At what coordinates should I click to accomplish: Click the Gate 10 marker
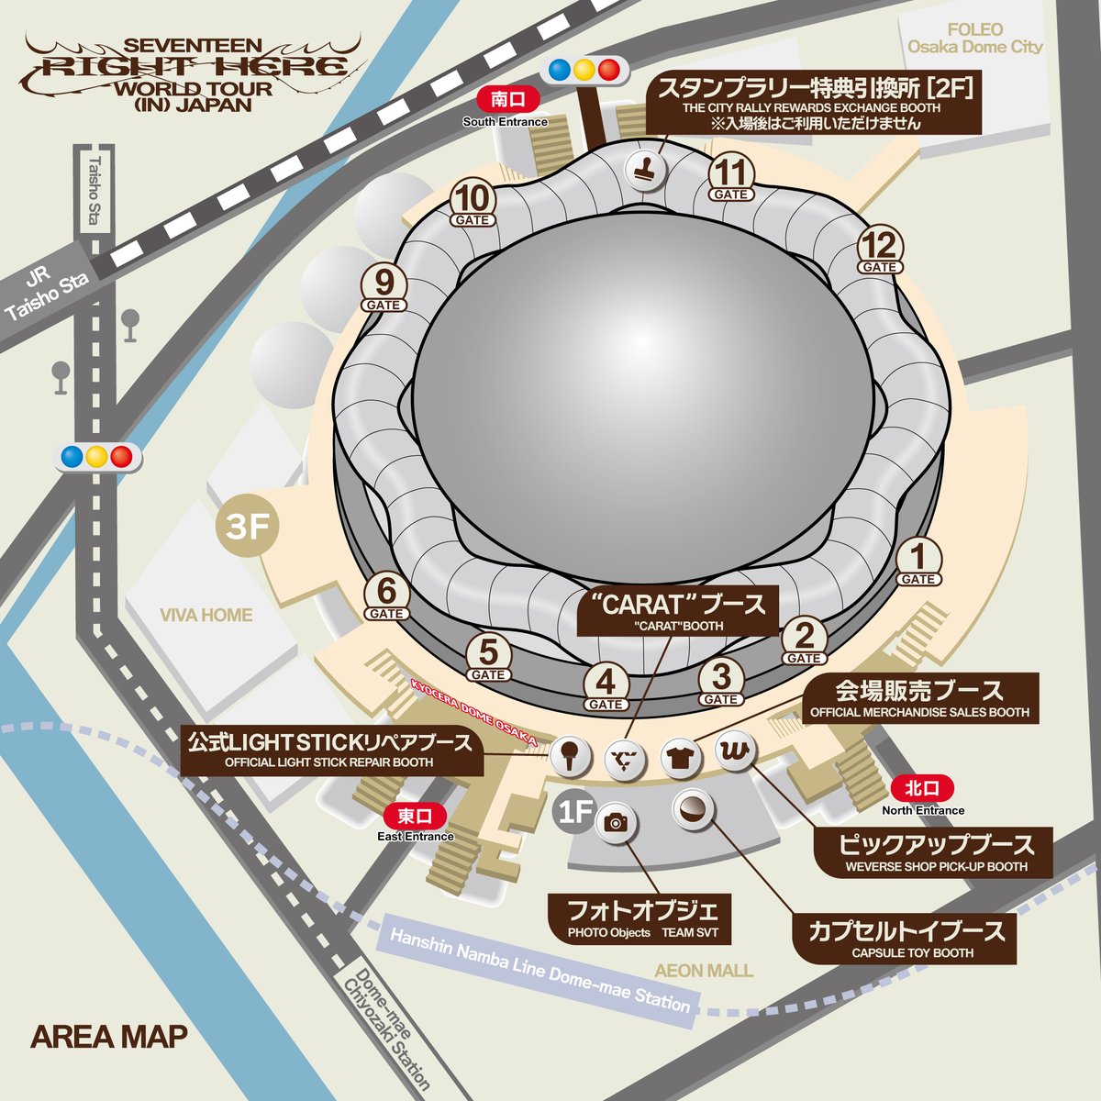pos(473,203)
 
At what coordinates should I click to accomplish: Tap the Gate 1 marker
pos(917,562)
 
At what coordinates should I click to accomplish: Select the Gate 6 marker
pos(386,596)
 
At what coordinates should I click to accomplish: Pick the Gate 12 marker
pos(878,250)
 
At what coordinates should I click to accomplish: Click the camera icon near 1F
pos(616,822)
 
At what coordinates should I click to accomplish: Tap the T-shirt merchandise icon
pos(680,756)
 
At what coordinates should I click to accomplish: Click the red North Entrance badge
pos(922,788)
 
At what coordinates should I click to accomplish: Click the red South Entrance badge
pos(505,100)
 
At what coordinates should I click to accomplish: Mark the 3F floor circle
pos(247,528)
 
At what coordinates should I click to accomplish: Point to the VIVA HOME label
pos(206,615)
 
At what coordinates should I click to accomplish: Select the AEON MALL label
pos(704,970)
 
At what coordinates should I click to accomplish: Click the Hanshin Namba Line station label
pos(539,970)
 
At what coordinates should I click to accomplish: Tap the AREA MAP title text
pos(109,1037)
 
